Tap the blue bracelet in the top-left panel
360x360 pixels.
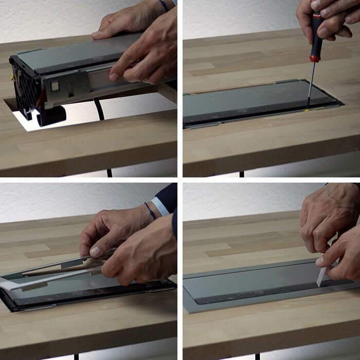pos(164,5)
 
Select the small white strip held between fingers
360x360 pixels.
pos(322,277)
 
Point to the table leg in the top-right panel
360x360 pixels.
pos(241,173)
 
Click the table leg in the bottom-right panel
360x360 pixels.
pos(257,356)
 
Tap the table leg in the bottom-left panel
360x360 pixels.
pos(76,356)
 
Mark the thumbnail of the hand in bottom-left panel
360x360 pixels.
pos(96,251)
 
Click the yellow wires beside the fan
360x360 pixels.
pos(11,77)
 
